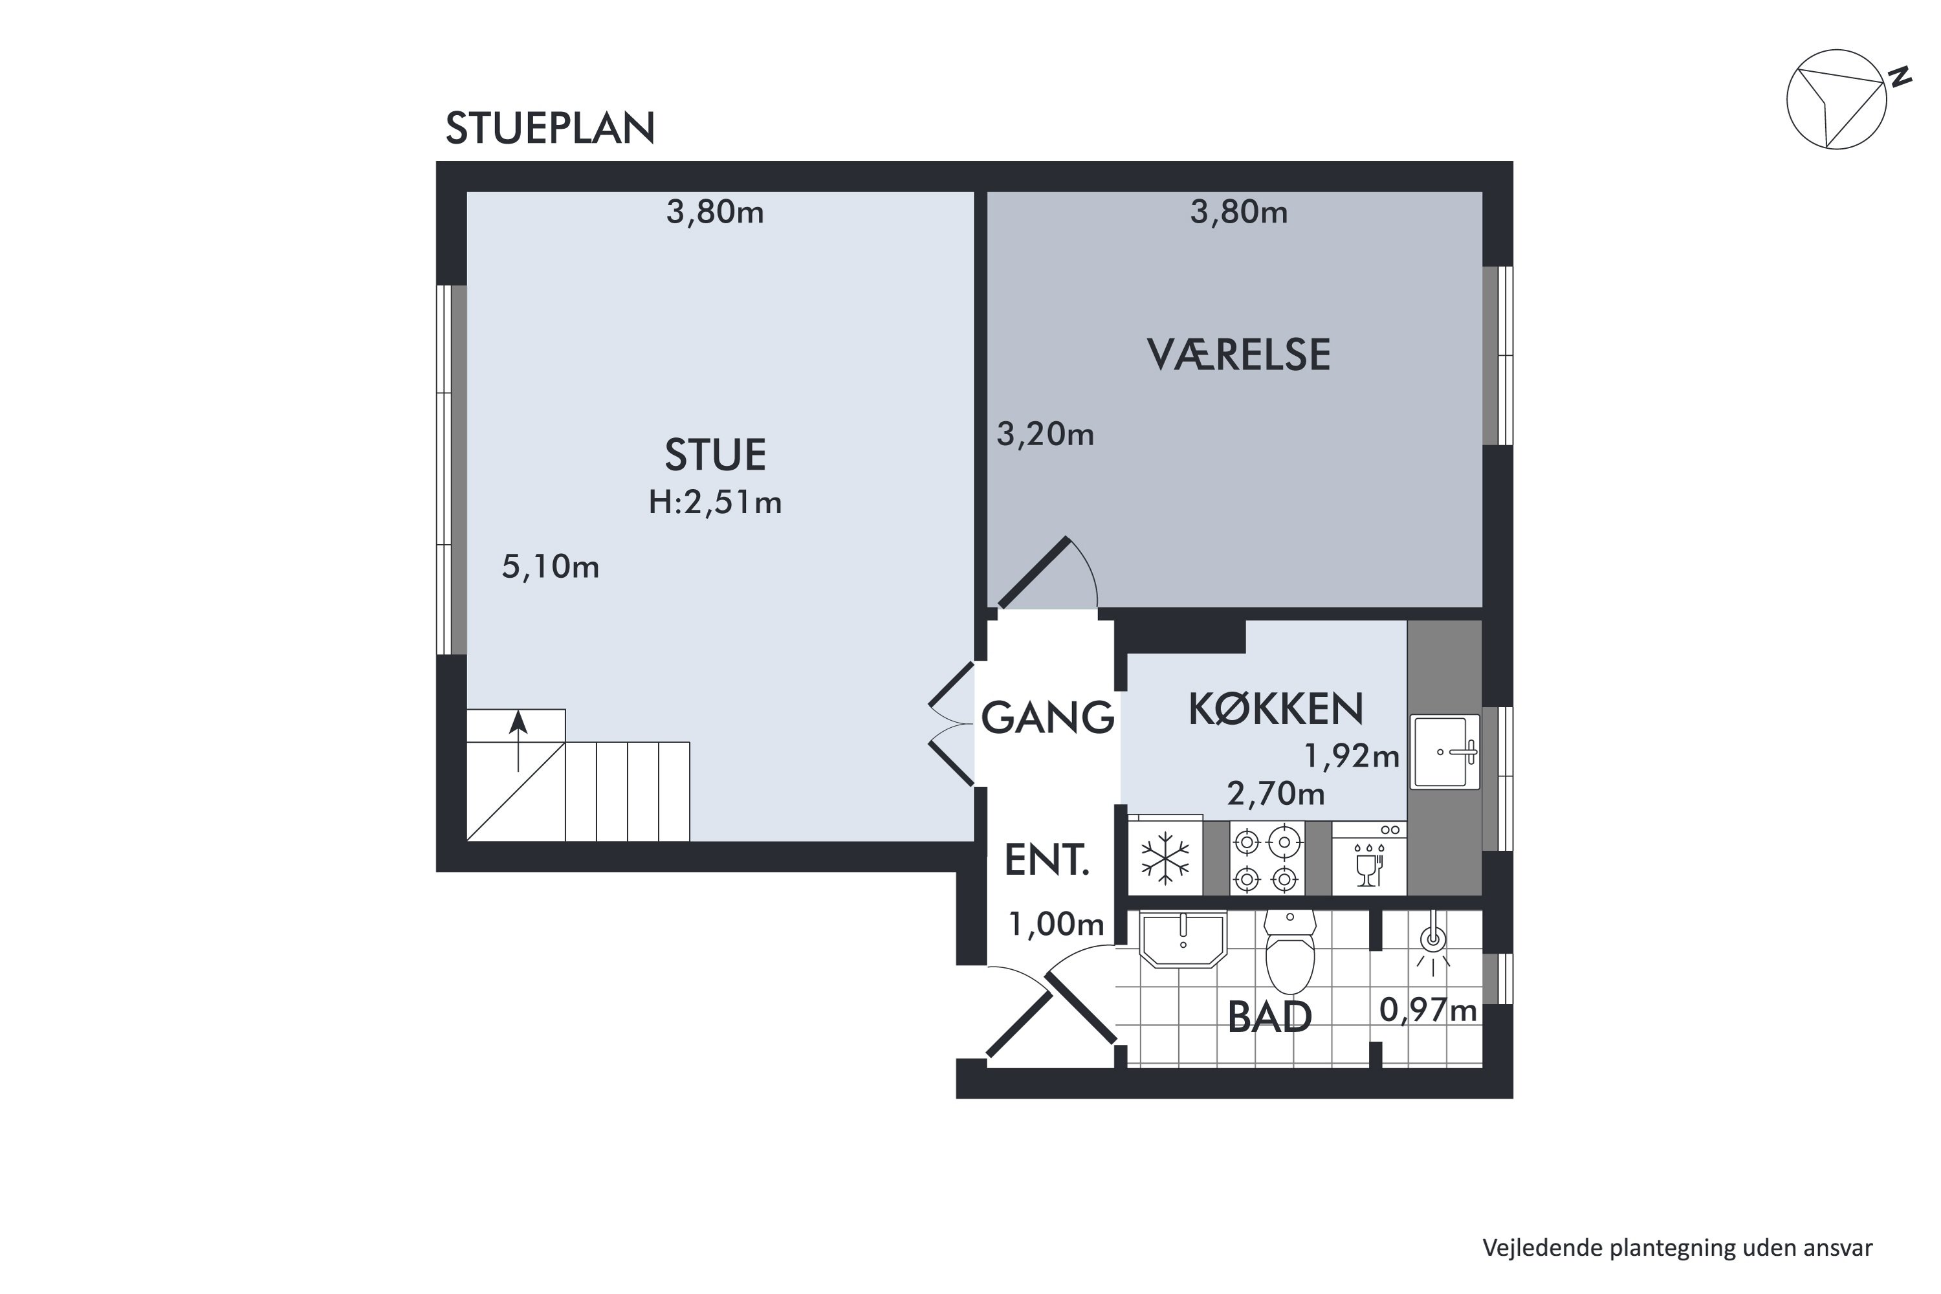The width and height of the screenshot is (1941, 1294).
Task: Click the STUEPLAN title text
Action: (549, 129)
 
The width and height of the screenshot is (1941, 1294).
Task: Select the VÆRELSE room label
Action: (1238, 355)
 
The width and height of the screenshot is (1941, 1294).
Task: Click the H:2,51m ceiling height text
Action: (715, 502)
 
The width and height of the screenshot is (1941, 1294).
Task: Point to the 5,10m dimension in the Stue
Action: (551, 567)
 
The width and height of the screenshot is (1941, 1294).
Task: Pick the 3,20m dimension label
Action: (1045, 434)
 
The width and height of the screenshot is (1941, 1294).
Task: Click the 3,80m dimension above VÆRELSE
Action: (1238, 213)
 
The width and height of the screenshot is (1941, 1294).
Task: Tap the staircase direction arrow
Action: (518, 740)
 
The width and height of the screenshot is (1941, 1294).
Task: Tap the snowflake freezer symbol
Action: (1165, 859)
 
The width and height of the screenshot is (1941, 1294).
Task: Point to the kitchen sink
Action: (1444, 752)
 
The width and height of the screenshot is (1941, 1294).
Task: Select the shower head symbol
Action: (1434, 941)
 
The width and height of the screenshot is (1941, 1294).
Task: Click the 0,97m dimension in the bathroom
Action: (1428, 1010)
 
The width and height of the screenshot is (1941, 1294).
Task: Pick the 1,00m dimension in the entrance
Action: (1057, 925)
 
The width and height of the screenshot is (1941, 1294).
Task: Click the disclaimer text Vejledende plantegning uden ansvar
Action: (1677, 1248)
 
